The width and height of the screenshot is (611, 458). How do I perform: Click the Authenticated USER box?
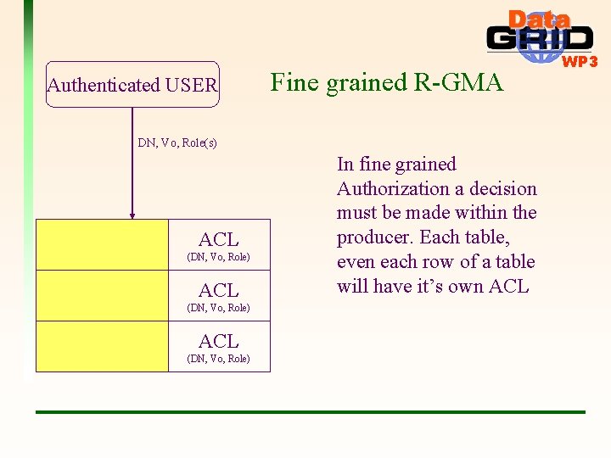[x=132, y=85]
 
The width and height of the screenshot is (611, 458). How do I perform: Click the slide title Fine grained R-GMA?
[x=386, y=82]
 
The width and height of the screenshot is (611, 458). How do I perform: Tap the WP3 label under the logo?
[x=580, y=62]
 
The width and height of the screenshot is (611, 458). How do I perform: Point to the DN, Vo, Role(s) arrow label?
[x=177, y=142]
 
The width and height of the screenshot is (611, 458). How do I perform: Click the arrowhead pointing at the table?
[x=132, y=215]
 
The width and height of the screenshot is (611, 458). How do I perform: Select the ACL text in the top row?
[x=218, y=239]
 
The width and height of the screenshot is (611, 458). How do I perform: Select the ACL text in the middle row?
[x=218, y=290]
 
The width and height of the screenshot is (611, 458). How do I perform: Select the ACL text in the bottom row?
[x=218, y=341]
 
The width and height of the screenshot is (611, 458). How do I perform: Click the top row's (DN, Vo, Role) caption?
[x=218, y=257]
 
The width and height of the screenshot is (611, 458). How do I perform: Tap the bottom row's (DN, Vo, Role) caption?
[x=218, y=359]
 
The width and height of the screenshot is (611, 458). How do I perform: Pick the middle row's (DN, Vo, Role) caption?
[x=218, y=308]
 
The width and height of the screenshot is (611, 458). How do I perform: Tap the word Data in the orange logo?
[x=539, y=20]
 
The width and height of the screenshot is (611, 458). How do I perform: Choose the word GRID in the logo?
[x=540, y=39]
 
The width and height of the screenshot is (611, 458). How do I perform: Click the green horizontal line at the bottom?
[x=310, y=412]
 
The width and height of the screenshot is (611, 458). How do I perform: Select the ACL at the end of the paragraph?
[x=508, y=286]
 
